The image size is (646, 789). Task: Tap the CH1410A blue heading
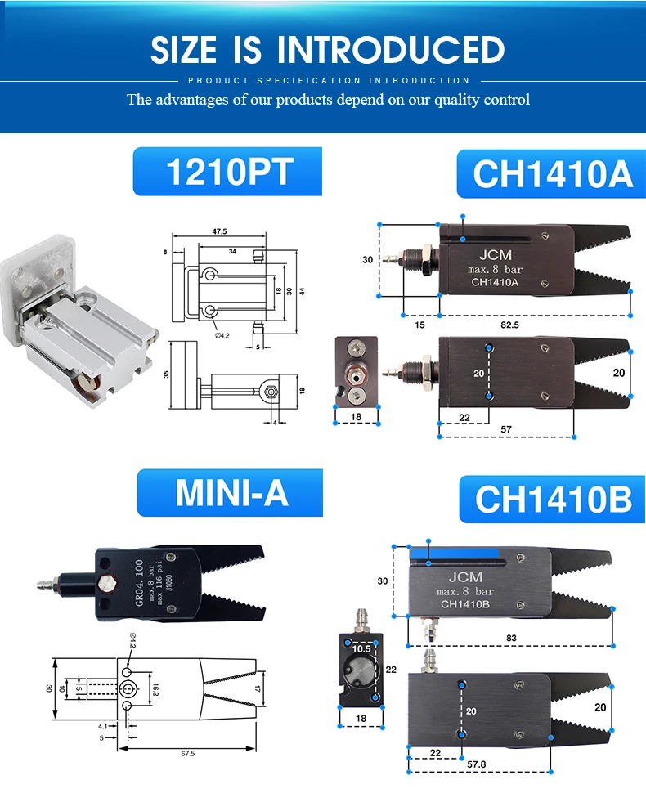tap(552, 174)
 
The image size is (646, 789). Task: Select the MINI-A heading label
tap(231, 493)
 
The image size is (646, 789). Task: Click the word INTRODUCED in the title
tap(390, 50)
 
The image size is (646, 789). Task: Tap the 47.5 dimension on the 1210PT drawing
tap(219, 232)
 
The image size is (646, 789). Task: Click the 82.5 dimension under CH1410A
tap(509, 325)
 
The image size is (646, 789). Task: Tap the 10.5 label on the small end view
tap(361, 648)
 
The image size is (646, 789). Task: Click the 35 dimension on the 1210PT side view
tap(167, 374)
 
